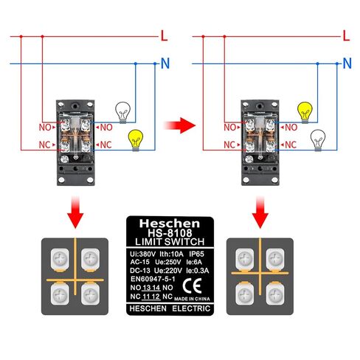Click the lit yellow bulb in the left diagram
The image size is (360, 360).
(136, 140)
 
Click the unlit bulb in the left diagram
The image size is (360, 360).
(123, 113)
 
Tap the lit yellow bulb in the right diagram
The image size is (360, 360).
(305, 113)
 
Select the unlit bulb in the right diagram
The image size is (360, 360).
(318, 140)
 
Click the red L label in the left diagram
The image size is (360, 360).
(164, 36)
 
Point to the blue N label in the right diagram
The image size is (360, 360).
(347, 63)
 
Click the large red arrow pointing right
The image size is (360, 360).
(179, 125)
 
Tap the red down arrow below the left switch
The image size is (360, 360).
(75, 212)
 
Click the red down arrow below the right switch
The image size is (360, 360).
(260, 212)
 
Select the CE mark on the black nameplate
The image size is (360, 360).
(193, 286)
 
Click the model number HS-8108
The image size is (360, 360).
(170, 232)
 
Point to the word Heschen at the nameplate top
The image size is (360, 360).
(170, 224)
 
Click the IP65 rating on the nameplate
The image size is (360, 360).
(196, 254)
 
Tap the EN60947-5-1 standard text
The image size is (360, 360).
(153, 279)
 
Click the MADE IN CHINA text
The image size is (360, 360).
(192, 299)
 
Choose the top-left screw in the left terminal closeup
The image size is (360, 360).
(60, 258)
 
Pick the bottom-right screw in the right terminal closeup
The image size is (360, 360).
(275, 294)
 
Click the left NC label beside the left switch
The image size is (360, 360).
(44, 145)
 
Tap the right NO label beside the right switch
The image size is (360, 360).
(291, 128)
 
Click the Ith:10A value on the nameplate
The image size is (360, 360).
(171, 254)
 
